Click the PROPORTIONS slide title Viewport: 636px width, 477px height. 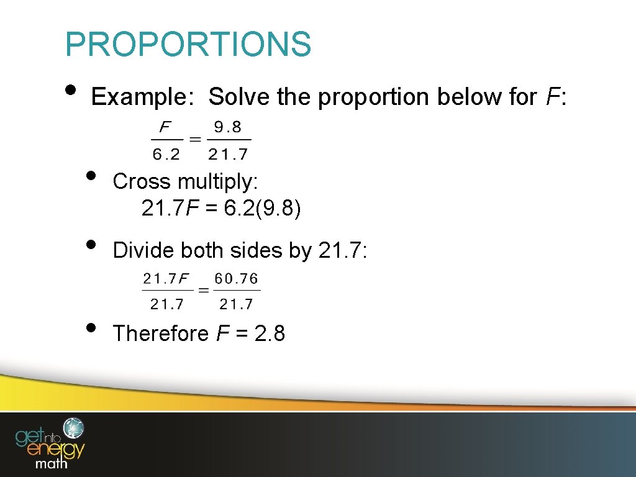tap(188, 44)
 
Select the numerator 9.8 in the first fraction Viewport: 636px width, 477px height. tap(227, 128)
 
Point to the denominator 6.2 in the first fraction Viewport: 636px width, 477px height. tap(166, 153)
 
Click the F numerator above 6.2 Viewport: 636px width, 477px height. tap(165, 128)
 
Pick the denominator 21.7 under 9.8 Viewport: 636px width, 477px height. tap(228, 153)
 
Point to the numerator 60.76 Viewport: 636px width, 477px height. tap(237, 279)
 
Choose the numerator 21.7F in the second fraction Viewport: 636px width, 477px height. tap(166, 279)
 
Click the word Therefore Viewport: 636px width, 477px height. tap(161, 334)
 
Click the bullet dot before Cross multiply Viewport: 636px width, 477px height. tap(91, 175)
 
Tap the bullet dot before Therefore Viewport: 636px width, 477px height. tap(91, 327)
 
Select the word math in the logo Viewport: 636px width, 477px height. tap(52, 463)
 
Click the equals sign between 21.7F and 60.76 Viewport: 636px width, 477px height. tap(202, 290)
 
